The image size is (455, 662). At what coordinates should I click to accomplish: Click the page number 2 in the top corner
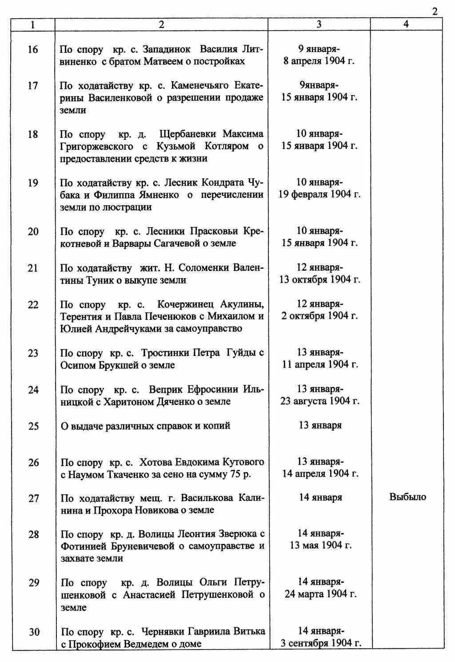(435, 12)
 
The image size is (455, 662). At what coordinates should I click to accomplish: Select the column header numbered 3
(319, 25)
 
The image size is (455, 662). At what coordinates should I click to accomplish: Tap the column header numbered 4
(406, 25)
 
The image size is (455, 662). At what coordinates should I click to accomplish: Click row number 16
(33, 49)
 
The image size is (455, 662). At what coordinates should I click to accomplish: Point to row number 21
(33, 268)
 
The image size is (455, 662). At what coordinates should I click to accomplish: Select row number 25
(34, 426)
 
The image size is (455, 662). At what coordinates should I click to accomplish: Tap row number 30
(34, 632)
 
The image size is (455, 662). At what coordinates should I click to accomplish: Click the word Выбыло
(407, 497)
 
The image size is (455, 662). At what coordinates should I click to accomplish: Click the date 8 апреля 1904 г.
(319, 61)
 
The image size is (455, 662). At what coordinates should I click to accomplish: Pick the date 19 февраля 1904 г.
(319, 195)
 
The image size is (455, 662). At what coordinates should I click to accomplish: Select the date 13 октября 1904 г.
(319, 280)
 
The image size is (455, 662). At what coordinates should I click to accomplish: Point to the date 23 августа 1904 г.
(320, 401)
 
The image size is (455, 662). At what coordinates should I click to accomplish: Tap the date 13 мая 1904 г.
(321, 546)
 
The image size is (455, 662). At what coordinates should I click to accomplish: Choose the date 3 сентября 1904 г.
(321, 643)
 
